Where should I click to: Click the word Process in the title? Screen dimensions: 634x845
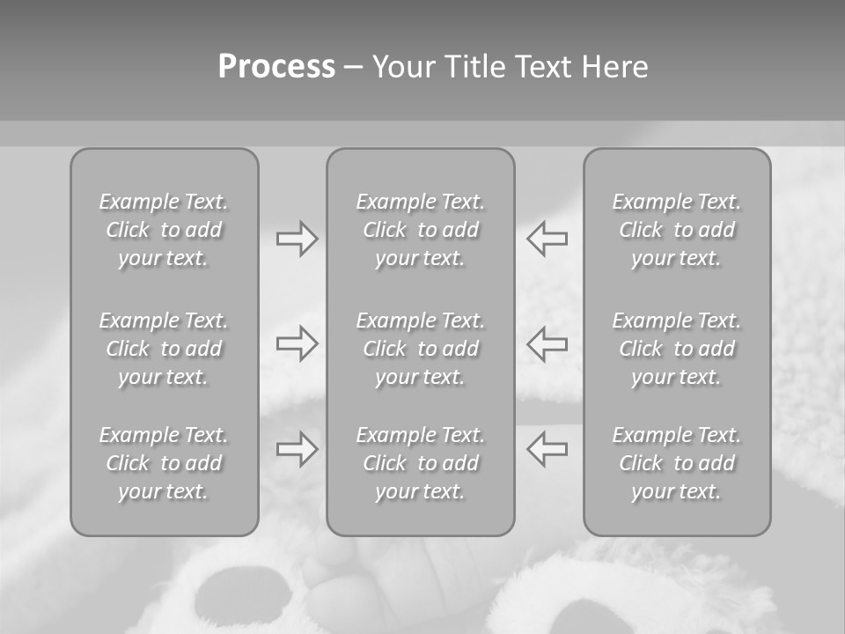pyautogui.click(x=276, y=67)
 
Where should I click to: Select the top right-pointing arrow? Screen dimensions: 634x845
pyautogui.click(x=297, y=239)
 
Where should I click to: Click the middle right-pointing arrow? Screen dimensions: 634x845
pyautogui.click(x=297, y=343)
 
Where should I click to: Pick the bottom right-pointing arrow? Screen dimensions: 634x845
pyautogui.click(x=297, y=449)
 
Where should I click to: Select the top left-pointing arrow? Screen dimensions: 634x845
pyautogui.click(x=547, y=239)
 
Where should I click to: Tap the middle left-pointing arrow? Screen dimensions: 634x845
pyautogui.click(x=547, y=343)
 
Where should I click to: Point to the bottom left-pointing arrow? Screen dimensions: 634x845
pyautogui.click(x=547, y=449)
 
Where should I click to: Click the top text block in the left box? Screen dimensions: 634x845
pyautogui.click(x=164, y=230)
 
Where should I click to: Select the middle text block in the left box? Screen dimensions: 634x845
pyautogui.click(x=164, y=349)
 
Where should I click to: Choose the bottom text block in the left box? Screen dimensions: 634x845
pyautogui.click(x=164, y=463)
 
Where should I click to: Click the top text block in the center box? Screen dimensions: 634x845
pyautogui.click(x=420, y=230)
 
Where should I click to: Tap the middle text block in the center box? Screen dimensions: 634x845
pyautogui.click(x=420, y=349)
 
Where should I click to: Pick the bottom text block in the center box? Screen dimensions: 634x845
pyautogui.click(x=420, y=463)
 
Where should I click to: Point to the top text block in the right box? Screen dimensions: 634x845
pyautogui.click(x=676, y=230)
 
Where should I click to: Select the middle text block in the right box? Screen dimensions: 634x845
pyautogui.click(x=676, y=349)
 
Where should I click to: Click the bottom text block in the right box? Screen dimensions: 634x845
pyautogui.click(x=676, y=463)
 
